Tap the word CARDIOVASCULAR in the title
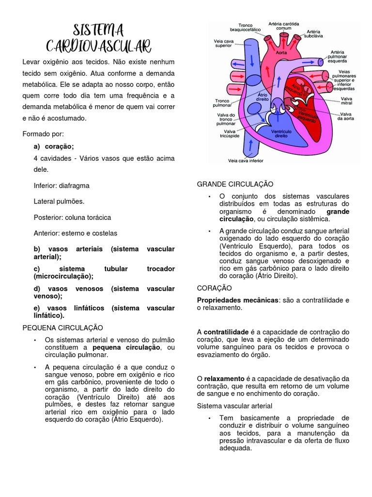click(x=99, y=47)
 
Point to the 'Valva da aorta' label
click(x=347, y=116)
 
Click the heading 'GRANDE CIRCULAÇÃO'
click(x=235, y=184)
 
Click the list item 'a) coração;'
click(x=54, y=147)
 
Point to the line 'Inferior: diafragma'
click(x=62, y=185)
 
